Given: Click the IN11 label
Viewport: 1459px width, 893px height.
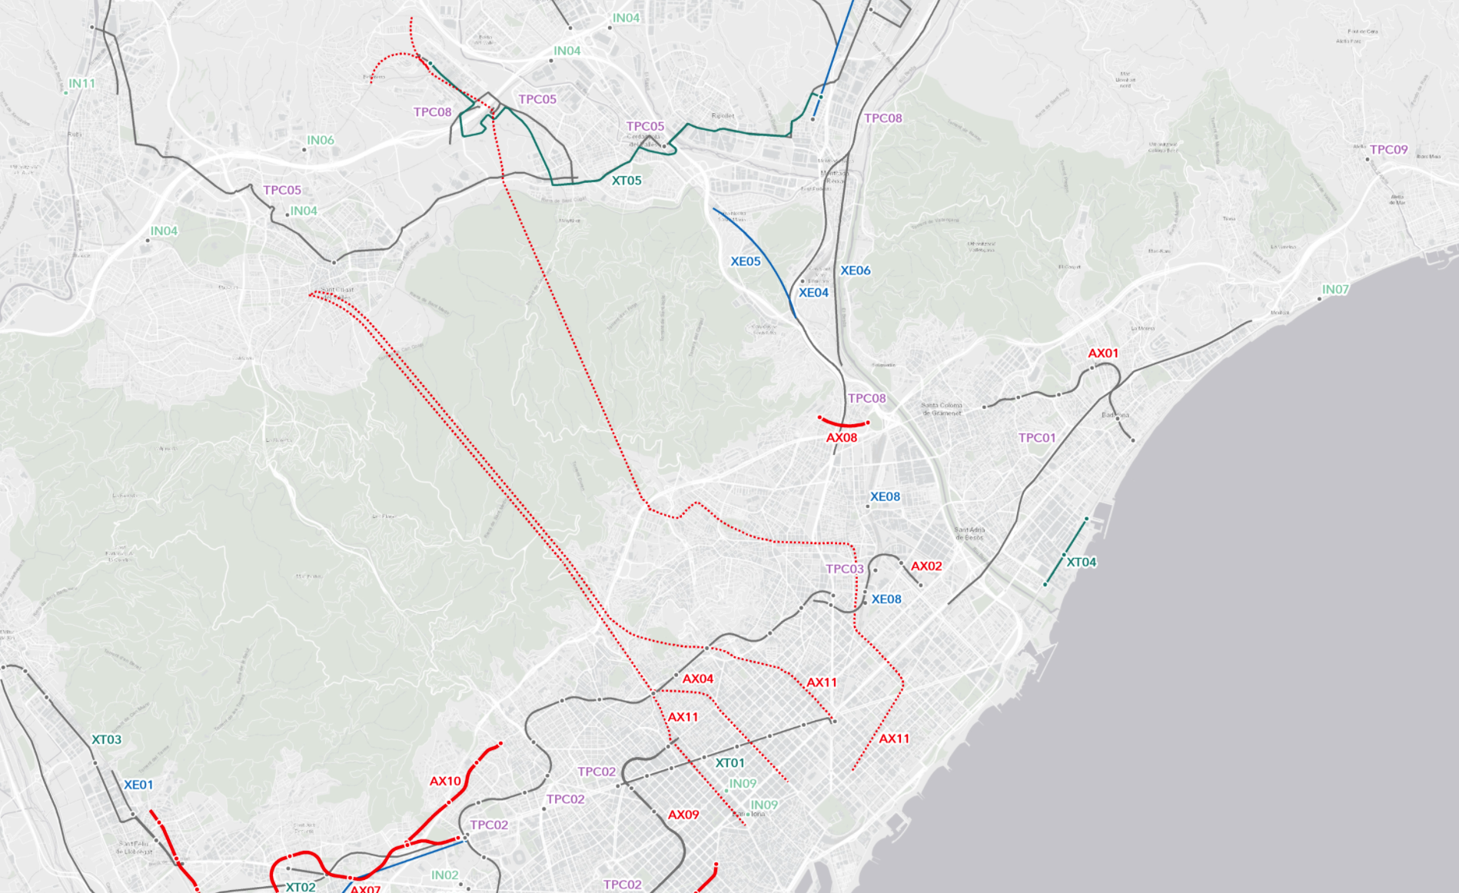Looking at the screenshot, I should click(x=81, y=83).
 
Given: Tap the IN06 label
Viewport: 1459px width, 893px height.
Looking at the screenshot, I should click(x=321, y=140).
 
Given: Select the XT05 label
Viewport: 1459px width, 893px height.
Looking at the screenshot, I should click(x=626, y=181).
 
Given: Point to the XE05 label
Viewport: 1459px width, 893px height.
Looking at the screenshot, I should click(x=745, y=261).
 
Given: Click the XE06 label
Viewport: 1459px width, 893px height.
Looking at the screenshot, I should click(x=855, y=271).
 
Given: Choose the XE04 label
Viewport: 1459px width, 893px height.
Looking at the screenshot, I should click(x=813, y=293).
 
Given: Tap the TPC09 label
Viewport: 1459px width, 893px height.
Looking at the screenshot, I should click(x=1388, y=150).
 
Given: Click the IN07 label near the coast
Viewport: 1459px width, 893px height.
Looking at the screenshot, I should click(x=1335, y=290).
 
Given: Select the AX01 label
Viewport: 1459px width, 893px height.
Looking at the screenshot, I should click(x=1102, y=354).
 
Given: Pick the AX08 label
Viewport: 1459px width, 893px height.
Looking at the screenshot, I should click(x=841, y=438).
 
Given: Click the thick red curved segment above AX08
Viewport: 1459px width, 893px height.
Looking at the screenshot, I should click(x=843, y=424).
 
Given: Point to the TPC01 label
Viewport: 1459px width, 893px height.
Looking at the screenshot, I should click(x=1037, y=438).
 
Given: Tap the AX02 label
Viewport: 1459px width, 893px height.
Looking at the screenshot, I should click(x=926, y=566).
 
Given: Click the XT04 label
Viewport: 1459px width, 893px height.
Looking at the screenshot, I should click(x=1081, y=563).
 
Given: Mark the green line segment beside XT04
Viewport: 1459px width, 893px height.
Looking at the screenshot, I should click(x=1065, y=553).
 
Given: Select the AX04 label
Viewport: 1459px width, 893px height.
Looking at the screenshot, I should click(x=697, y=679).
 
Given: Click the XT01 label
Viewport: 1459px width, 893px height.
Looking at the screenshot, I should click(x=729, y=763).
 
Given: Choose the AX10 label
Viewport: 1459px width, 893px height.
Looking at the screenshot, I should click(x=445, y=782).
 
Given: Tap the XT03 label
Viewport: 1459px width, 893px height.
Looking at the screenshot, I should click(x=106, y=740).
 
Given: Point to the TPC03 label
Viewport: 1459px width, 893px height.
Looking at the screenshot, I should click(x=844, y=569).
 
